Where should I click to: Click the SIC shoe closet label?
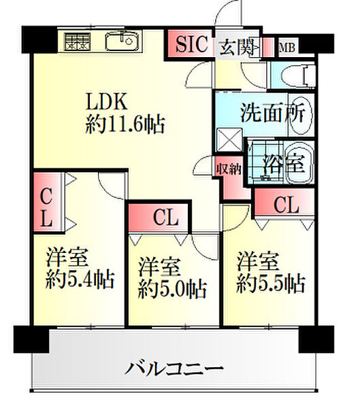pyautogui.click(x=192, y=44)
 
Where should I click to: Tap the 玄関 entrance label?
pyautogui.click(x=237, y=47)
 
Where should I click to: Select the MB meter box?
pyautogui.click(x=287, y=48)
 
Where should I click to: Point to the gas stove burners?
pyautogui.click(x=78, y=41)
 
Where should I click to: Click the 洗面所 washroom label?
pyautogui.click(x=272, y=113)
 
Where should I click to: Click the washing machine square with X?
pyautogui.click(x=229, y=140)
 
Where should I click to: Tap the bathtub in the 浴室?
pyautogui.click(x=299, y=164)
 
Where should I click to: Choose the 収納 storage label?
pyautogui.click(x=229, y=169)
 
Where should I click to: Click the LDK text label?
pyautogui.click(x=107, y=101)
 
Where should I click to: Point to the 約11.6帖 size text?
pyautogui.click(x=125, y=125)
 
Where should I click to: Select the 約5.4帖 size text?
pyautogui.click(x=80, y=280)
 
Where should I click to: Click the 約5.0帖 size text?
pyautogui.click(x=172, y=290)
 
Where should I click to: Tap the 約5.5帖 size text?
pyautogui.click(x=271, y=284)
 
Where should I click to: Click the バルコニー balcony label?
pyautogui.click(x=174, y=368)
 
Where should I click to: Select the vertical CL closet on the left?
pyautogui.click(x=48, y=202)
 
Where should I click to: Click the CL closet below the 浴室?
pyautogui.click(x=284, y=202)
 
